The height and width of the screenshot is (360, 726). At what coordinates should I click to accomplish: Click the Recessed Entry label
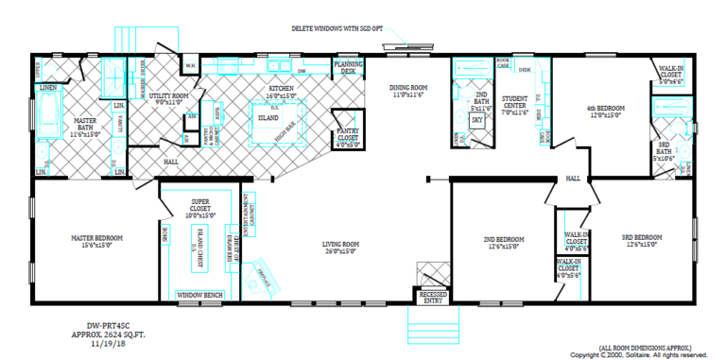click(433, 297)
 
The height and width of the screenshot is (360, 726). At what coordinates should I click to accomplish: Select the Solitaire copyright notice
click(652, 354)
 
